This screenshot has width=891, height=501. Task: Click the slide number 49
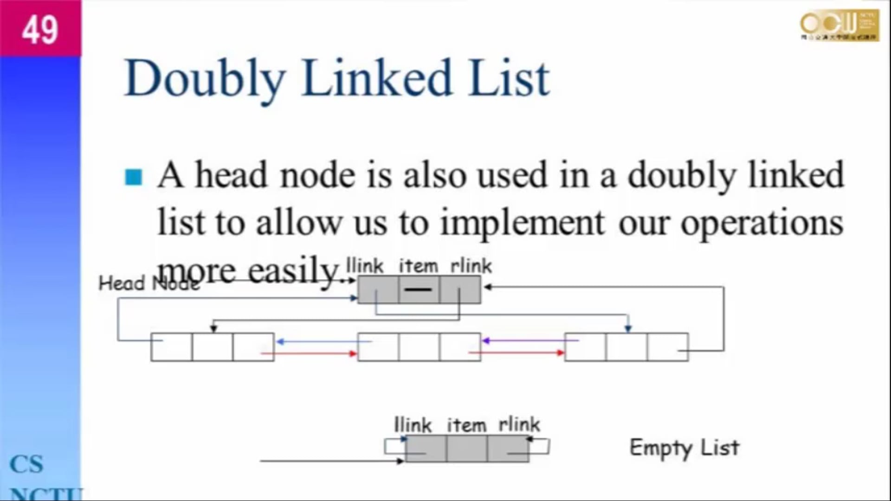[40, 30]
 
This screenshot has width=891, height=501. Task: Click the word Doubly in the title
[204, 79]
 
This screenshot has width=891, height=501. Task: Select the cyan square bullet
[134, 177]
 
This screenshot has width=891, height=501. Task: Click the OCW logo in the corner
[839, 26]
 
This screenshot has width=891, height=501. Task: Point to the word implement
[523, 223]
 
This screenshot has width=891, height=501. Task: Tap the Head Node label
[148, 283]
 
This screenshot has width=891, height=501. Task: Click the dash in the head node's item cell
[418, 290]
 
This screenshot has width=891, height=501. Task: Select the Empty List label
[684, 448]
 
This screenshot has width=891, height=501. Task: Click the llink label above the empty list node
[412, 424]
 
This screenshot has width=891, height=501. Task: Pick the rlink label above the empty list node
[519, 424]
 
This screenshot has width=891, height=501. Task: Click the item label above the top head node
[418, 266]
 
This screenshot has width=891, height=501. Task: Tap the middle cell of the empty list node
[467, 449]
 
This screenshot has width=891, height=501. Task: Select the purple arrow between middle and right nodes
[529, 341]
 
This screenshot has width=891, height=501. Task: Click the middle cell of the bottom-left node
[212, 347]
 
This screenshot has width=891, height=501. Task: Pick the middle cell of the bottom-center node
[419, 347]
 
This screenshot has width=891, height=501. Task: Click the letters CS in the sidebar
[26, 464]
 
